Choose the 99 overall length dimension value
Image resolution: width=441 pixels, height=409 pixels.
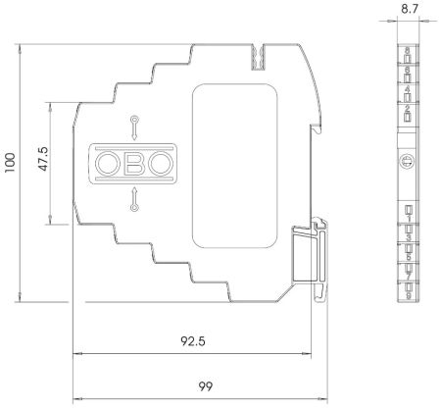tap(205, 386)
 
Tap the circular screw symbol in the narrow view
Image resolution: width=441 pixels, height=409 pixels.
tap(407, 161)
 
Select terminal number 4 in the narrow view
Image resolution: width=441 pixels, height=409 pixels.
tap(407, 89)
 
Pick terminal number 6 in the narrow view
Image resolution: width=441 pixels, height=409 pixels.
tap(407, 69)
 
